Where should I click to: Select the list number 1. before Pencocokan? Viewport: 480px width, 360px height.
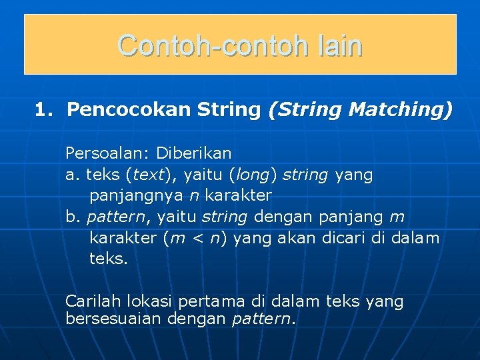point(44,109)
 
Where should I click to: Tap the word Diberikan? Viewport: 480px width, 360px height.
point(194,153)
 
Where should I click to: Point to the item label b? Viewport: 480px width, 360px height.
point(71,217)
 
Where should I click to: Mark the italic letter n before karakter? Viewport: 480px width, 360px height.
point(193,196)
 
